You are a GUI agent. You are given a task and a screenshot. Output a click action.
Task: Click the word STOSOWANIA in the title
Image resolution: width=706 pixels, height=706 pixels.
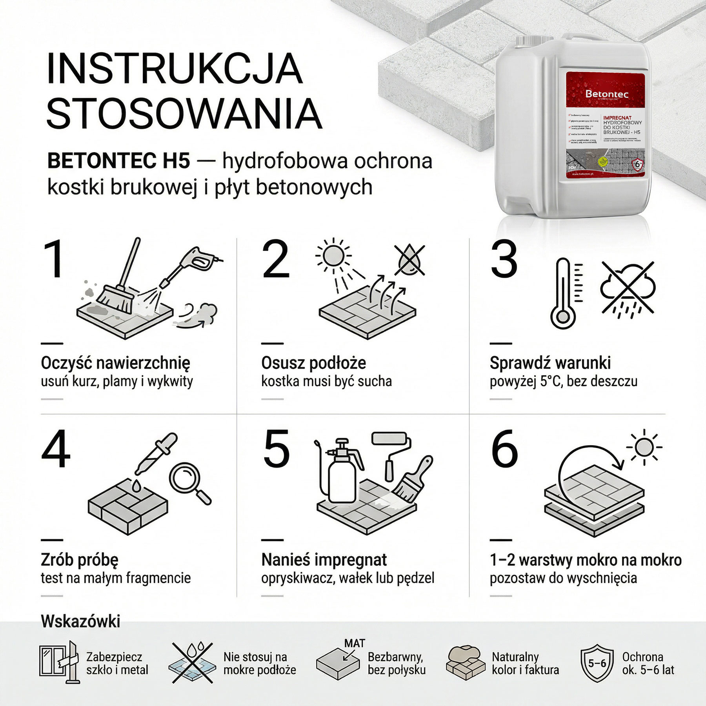pyautogui.click(x=184, y=114)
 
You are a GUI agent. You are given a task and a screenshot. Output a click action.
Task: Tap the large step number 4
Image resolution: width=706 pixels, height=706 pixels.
pyautogui.click(x=56, y=449)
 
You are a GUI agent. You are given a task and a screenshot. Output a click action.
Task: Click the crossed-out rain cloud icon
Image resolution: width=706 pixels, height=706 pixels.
pyautogui.click(x=628, y=289)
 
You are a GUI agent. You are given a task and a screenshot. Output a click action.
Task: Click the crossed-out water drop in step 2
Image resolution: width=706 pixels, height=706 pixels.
pyautogui.click(x=409, y=260)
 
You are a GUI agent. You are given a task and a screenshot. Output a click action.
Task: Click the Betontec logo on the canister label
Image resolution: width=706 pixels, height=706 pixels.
pyautogui.click(x=606, y=94)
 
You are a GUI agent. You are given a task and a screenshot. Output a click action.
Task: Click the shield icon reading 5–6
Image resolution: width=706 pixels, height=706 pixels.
pyautogui.click(x=597, y=663)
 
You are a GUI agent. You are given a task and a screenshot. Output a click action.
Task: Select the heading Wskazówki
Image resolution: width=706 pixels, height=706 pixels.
pyautogui.click(x=80, y=621)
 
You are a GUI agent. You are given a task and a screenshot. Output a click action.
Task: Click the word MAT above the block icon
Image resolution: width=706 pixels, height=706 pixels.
pyautogui.click(x=355, y=643)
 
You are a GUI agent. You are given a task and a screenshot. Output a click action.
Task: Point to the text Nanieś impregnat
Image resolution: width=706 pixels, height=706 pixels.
pyautogui.click(x=324, y=560)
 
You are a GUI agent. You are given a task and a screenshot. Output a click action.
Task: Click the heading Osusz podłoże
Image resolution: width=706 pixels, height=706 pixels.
pyautogui.click(x=313, y=363)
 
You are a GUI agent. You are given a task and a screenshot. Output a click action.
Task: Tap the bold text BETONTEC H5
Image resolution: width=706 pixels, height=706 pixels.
pyautogui.click(x=118, y=161)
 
